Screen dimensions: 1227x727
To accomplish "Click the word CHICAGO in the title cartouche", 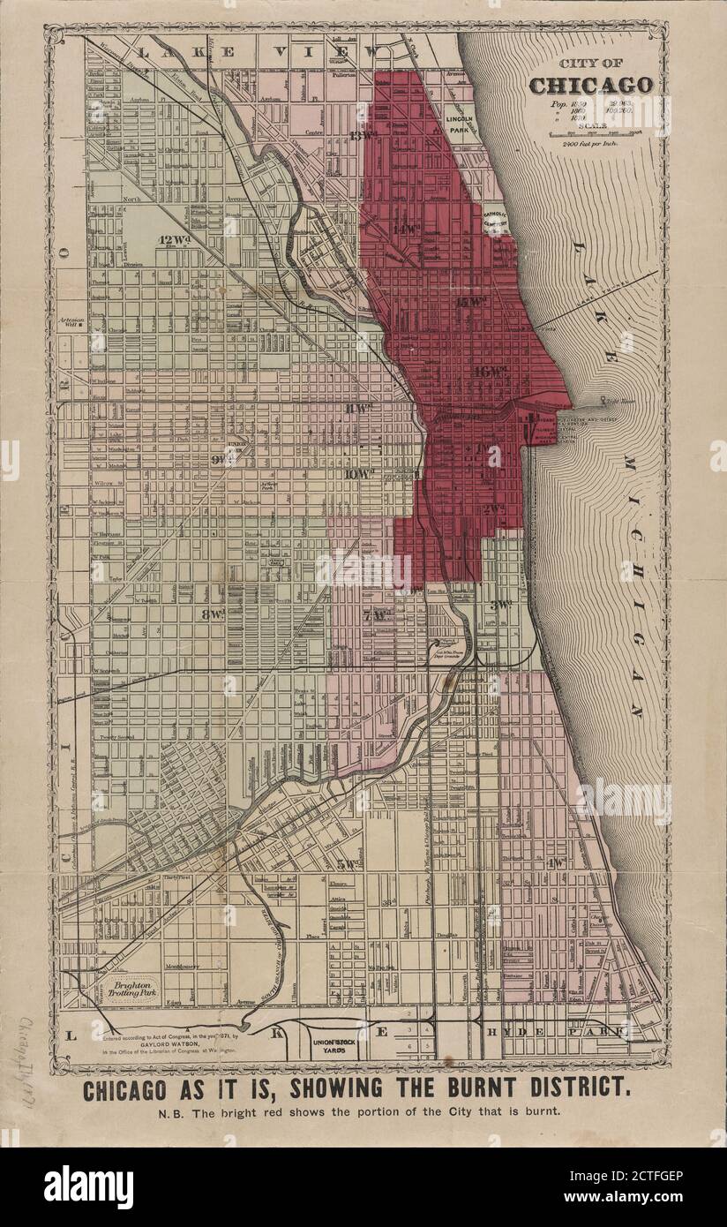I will point(591,86).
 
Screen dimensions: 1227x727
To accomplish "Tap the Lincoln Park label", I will point(460,124).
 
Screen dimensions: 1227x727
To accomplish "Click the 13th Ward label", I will point(361,135).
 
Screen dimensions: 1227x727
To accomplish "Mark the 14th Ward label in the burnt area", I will point(408,230).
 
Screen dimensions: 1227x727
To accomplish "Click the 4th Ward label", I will point(556,862).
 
